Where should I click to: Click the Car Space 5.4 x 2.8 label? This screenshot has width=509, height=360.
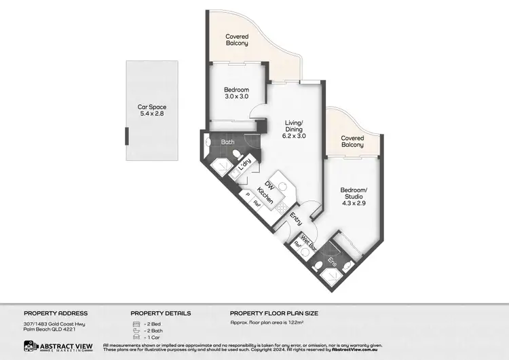(x=152, y=111)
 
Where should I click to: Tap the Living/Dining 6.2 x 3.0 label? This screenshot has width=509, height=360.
(x=295, y=128)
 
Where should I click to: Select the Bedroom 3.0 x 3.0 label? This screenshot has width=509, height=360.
(x=236, y=93)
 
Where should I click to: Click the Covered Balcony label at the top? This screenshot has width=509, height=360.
(x=237, y=39)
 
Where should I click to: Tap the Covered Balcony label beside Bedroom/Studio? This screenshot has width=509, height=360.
(x=352, y=141)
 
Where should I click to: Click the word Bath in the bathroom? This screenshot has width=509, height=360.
(x=227, y=141)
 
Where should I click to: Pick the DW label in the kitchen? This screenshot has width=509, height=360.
(x=269, y=185)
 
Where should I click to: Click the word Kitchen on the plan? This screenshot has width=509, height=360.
(x=267, y=199)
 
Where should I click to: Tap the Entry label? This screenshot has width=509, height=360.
(x=297, y=219)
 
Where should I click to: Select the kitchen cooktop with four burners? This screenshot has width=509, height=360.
(x=280, y=208)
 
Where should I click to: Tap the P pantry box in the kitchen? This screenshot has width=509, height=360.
(x=248, y=194)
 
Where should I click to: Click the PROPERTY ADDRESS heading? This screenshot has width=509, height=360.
(x=56, y=313)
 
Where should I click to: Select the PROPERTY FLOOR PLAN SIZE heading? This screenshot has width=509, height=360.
(x=274, y=313)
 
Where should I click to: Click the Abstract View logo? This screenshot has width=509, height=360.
(x=54, y=346)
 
